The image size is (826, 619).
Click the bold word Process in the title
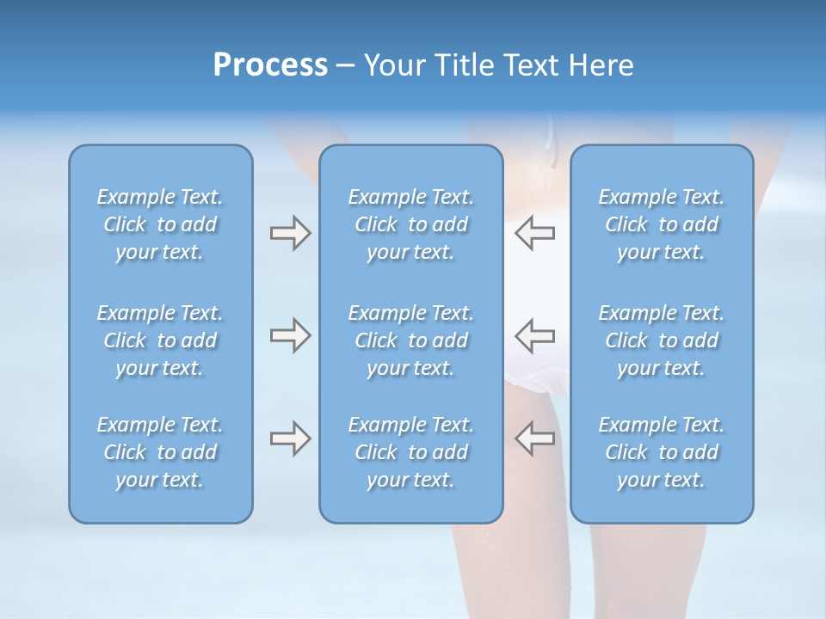pyautogui.click(x=270, y=65)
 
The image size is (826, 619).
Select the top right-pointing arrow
pyautogui.click(x=290, y=233)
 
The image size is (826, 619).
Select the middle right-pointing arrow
pyautogui.click(x=290, y=335)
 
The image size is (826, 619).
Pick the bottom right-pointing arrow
pyautogui.click(x=290, y=438)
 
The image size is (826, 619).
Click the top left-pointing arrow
pyautogui.click(x=534, y=233)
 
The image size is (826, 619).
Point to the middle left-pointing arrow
pyautogui.click(x=534, y=335)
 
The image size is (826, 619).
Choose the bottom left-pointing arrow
pyautogui.click(x=534, y=438)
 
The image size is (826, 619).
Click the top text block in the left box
pyautogui.click(x=160, y=224)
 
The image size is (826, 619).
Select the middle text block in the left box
pyautogui.click(x=160, y=340)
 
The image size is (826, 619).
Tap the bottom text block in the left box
pyautogui.click(x=160, y=452)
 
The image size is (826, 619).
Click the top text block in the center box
pyautogui.click(x=410, y=224)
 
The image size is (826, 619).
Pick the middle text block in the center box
pyautogui.click(x=410, y=340)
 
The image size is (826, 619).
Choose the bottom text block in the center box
pyautogui.click(x=410, y=452)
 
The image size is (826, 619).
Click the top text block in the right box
pyautogui.click(x=661, y=224)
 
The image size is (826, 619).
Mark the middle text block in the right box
pyautogui.click(x=661, y=340)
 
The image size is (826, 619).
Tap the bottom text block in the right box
pyautogui.click(x=661, y=452)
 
